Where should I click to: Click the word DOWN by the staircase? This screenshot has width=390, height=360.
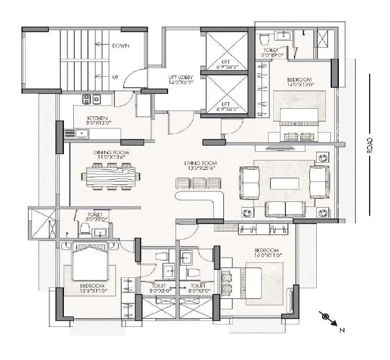120,45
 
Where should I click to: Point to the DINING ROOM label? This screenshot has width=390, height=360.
111,154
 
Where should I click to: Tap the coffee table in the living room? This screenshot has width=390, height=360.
284,183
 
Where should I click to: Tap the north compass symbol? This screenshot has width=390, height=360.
326,317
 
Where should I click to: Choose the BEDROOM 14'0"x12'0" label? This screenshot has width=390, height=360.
300,81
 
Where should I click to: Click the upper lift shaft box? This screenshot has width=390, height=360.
227,50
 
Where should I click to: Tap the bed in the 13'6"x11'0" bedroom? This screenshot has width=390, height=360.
90,265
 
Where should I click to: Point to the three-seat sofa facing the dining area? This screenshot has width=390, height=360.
199,184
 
